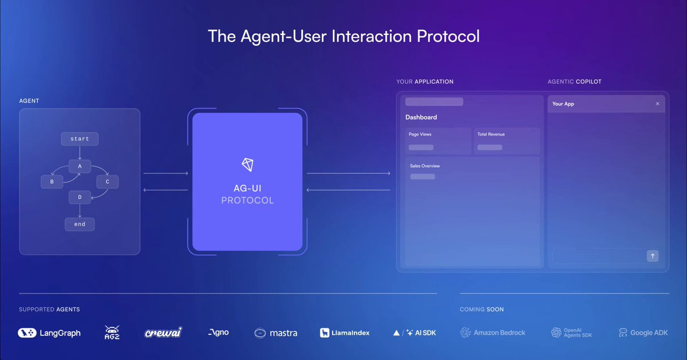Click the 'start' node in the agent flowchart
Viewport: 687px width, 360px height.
coord(80,139)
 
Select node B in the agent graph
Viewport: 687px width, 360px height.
coord(52,181)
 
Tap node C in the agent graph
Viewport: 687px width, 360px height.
coord(108,181)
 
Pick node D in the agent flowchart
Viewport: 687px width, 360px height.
coord(80,197)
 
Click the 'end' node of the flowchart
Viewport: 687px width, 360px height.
coord(80,224)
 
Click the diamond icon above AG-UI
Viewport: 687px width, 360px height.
coord(247,165)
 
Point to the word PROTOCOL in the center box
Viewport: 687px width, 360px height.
coord(247,200)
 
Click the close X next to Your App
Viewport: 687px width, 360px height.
coord(657,104)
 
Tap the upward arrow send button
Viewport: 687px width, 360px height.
coord(653,256)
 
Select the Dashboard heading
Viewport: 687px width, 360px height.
coord(421,117)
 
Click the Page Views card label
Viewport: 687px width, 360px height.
coord(420,134)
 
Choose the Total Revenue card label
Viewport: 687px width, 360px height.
coord(491,134)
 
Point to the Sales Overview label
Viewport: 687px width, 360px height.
coord(425,166)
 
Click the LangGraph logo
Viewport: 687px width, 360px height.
coord(49,333)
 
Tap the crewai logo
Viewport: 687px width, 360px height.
coord(163,333)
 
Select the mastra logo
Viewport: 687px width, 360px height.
coord(276,333)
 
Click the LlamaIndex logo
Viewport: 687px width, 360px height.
coord(345,333)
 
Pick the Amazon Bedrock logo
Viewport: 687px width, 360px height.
coord(492,333)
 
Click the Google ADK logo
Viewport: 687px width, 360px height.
coord(643,333)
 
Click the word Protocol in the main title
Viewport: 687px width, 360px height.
coord(448,36)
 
